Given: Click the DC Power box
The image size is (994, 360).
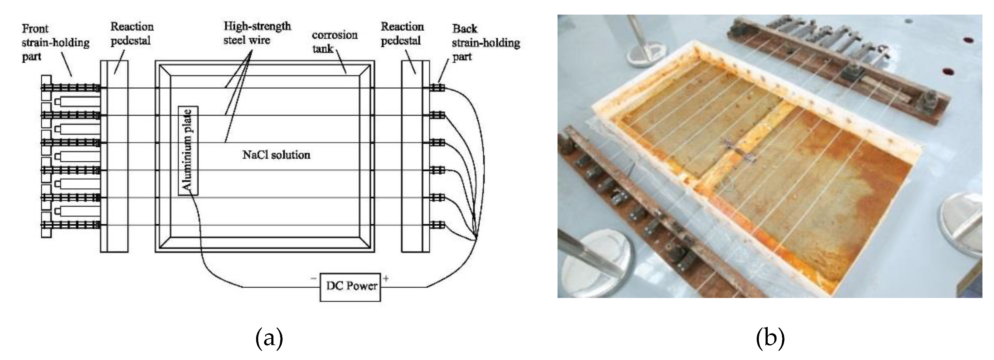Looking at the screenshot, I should coord(350,287).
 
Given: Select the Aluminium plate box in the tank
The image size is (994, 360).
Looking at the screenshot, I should coord(188,151).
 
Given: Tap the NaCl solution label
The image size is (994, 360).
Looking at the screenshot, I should coord(276,155).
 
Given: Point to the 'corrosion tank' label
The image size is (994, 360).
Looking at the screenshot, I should coord(334,42).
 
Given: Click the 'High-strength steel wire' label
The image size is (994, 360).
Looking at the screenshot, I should coord(257,33).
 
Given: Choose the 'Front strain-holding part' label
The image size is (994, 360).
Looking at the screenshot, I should coord(55,43).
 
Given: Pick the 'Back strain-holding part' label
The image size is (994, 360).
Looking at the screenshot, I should coord(485,43).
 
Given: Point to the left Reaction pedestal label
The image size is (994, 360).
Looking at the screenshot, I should coord(132,33).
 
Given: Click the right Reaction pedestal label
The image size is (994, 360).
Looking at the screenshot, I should coord(402,33).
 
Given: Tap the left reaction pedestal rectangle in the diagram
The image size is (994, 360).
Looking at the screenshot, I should coord(114,156).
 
